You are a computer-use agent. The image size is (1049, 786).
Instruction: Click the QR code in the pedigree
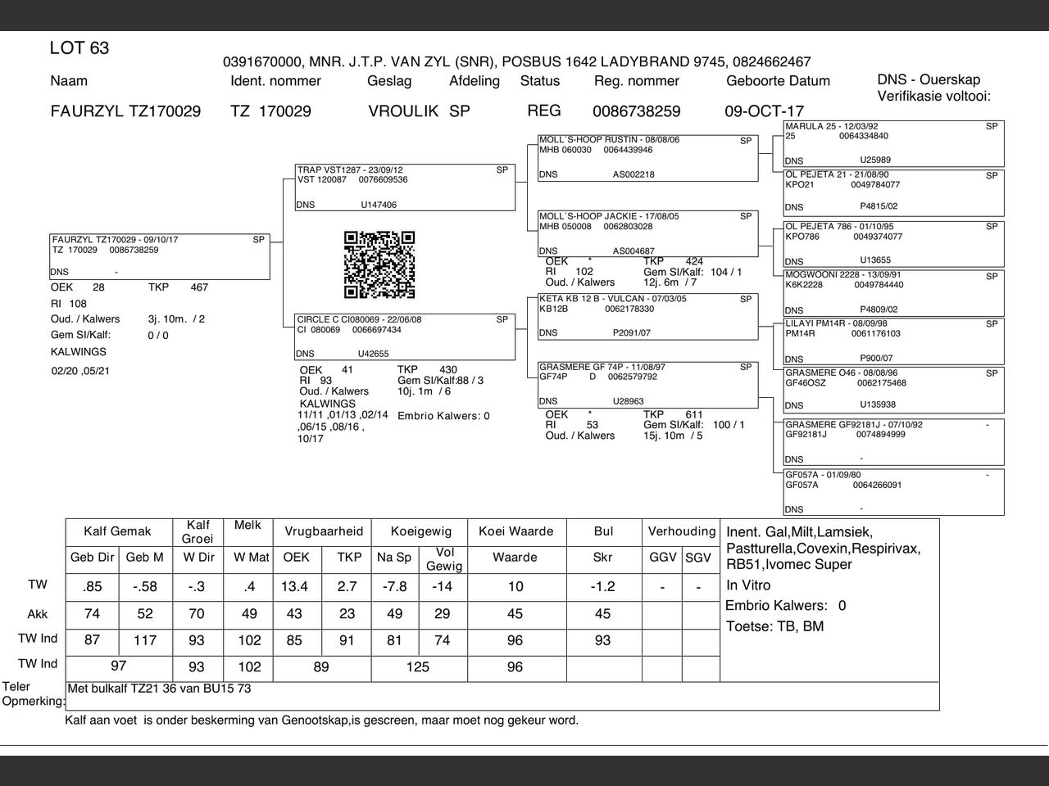tap(379, 264)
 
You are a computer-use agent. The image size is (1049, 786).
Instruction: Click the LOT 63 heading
tap(79, 48)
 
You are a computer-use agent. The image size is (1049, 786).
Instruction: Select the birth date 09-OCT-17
tap(764, 111)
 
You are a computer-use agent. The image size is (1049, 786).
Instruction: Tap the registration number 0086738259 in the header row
tap(636, 111)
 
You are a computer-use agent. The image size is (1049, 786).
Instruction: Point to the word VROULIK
tap(403, 111)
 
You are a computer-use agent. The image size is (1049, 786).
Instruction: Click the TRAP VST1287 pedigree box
tap(405, 187)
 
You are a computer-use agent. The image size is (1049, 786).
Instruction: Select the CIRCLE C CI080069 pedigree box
tap(405, 337)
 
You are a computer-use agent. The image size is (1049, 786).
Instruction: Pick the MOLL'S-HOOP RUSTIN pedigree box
tap(647, 157)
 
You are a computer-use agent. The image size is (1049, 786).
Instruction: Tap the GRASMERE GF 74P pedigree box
tap(647, 385)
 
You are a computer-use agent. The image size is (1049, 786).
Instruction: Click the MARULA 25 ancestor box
tap(893, 143)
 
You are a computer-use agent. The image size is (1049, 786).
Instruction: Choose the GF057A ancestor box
tap(893, 492)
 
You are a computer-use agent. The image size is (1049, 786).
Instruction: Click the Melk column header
tap(247, 525)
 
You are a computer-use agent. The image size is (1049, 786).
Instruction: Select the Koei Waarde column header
tap(515, 531)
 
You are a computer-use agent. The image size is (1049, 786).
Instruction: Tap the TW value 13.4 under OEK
tap(294, 586)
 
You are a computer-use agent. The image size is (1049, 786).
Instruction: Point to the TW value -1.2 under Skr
tap(602, 586)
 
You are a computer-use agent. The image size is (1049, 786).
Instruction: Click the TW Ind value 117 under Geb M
tap(144, 640)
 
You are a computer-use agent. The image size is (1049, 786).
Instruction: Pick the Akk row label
tap(38, 614)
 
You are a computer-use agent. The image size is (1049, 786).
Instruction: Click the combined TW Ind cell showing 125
tap(418, 667)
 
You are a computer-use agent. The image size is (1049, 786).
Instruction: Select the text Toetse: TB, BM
tap(775, 627)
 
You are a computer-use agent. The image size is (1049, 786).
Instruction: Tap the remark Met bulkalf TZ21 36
tap(159, 689)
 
